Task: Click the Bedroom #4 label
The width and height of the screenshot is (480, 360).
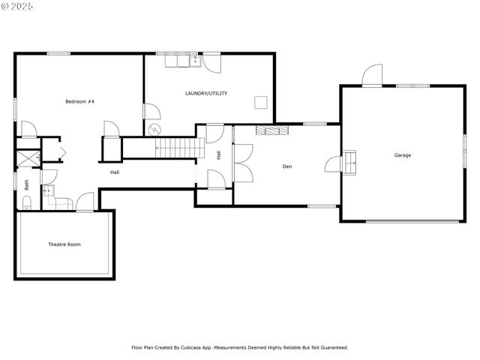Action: click(x=79, y=101)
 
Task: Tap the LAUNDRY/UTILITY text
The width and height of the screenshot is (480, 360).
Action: click(x=206, y=94)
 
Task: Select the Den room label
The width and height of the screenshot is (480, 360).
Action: click(x=286, y=166)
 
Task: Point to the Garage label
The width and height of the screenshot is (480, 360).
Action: click(x=403, y=155)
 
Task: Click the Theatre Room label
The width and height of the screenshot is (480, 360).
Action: click(x=64, y=244)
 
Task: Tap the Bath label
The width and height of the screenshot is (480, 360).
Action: click(x=26, y=184)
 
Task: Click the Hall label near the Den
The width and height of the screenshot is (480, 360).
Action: click(x=218, y=155)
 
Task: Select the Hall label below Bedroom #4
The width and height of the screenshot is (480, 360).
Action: click(x=115, y=172)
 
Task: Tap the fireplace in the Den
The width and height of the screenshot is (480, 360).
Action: click(x=271, y=130)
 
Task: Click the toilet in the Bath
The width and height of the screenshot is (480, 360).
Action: click(x=25, y=202)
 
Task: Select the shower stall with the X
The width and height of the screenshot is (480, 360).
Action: click(x=27, y=158)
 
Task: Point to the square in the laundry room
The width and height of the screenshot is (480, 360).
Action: click(x=261, y=103)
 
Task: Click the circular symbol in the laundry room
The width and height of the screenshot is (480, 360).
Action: click(x=155, y=128)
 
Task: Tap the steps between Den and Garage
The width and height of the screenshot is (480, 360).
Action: click(x=350, y=162)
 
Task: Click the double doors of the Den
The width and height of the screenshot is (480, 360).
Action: click(x=242, y=163)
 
